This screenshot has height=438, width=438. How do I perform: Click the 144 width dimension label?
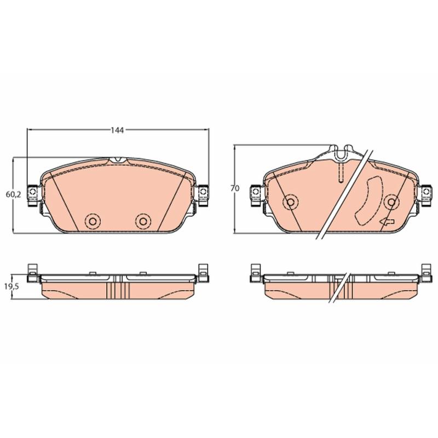pyautogui.click(x=117, y=130)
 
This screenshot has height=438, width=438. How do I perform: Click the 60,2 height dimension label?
pyautogui.click(x=13, y=195)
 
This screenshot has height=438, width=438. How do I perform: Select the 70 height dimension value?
pyautogui.click(x=235, y=188)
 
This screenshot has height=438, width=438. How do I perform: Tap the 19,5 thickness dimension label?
pyautogui.click(x=11, y=287)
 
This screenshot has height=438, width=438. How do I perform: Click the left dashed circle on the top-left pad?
pyautogui.click(x=93, y=222)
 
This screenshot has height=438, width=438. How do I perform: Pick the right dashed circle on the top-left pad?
pyautogui.click(x=143, y=222)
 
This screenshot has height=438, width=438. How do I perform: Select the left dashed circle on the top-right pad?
pyautogui.click(x=291, y=201)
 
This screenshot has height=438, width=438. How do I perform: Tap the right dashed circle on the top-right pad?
pyautogui.click(x=391, y=201)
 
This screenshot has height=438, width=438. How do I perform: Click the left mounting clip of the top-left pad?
pyautogui.click(x=32, y=195)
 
